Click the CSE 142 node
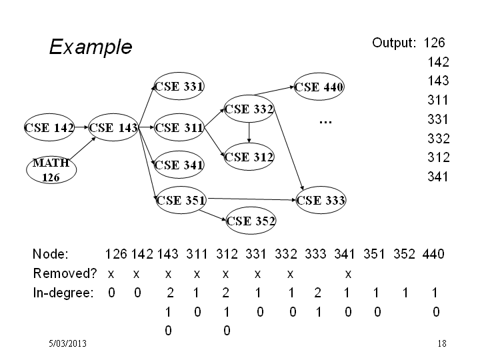(x=49, y=127)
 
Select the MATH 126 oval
(x=51, y=170)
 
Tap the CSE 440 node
(x=319, y=87)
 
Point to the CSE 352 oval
(x=251, y=221)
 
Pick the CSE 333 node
(x=321, y=200)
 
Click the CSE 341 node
(x=179, y=165)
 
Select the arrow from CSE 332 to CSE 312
(x=249, y=133)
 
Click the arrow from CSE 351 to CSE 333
(x=252, y=199)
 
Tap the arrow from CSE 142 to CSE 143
(x=81, y=127)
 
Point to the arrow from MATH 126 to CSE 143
(x=83, y=148)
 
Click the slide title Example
(x=91, y=47)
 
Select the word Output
(x=394, y=43)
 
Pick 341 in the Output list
(x=438, y=177)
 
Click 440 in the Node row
(x=433, y=254)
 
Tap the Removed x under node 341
(x=348, y=274)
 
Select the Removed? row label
(x=65, y=273)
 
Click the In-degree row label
(x=63, y=293)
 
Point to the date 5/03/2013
(x=67, y=343)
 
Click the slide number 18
(x=442, y=343)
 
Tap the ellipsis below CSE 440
(x=325, y=123)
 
